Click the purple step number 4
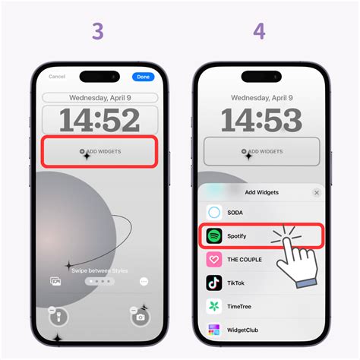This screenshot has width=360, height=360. tap(258, 32)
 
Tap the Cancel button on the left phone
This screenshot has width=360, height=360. tap(57, 77)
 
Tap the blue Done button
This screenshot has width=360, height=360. tap(142, 77)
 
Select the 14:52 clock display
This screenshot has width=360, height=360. tap(100, 121)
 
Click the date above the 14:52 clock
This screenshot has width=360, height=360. tap(100, 98)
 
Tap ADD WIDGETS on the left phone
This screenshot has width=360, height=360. tap(100, 152)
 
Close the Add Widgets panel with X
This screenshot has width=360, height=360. tap(317, 193)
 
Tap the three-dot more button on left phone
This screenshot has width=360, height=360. tap(144, 281)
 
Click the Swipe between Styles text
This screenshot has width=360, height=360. tap(100, 270)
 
